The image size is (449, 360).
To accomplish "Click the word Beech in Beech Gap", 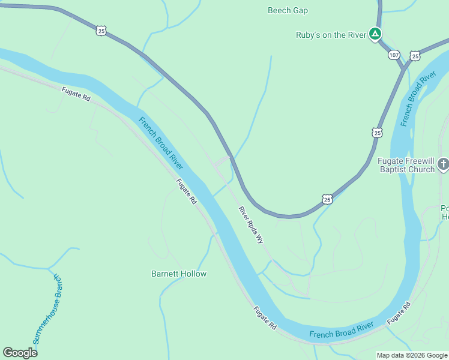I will coord(279,10).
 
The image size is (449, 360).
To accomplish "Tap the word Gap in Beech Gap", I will coord(300,10).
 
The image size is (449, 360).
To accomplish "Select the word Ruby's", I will coord(309,35).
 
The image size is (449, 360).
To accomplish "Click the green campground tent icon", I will coord(375,34).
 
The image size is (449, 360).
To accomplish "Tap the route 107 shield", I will coord(394,55).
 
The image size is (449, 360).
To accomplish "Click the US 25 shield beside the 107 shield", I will coord(414,56).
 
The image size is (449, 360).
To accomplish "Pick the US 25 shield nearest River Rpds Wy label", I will coord(327,199).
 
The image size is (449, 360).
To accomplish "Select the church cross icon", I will coord(443,163).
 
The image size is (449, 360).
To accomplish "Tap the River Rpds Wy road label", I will coord(251,224).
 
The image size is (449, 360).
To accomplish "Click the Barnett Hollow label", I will coord(178,274).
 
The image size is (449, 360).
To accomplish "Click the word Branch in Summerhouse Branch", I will coord(58,286).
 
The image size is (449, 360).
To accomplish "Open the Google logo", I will coord(20,353).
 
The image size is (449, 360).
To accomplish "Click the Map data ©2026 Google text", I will coord(412,355).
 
